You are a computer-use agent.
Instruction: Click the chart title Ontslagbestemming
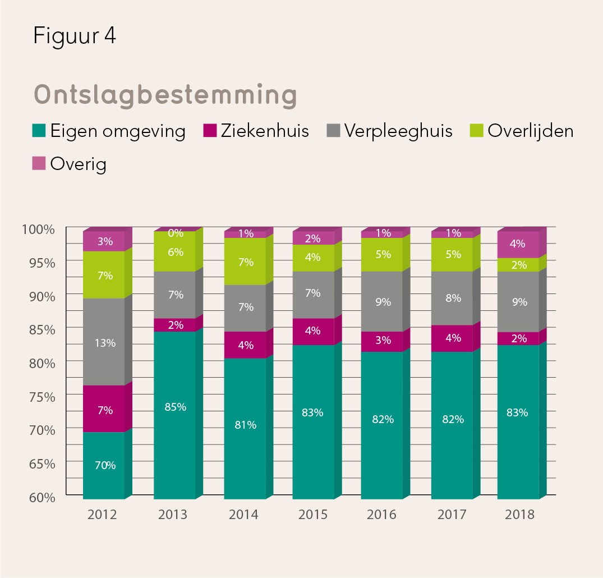point(165,96)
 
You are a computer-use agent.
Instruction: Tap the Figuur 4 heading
point(75,35)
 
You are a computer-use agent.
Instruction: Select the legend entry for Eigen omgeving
point(110,131)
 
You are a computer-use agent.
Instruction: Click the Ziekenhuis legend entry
point(256,131)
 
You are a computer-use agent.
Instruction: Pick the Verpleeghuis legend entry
point(390,131)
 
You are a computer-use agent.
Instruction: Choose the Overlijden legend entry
point(522,131)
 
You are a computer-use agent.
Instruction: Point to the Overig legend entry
point(70,164)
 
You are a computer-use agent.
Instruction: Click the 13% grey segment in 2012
point(104,342)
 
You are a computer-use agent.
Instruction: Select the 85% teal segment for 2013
point(175,407)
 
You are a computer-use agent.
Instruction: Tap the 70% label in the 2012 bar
point(105,465)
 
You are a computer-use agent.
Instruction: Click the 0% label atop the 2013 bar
point(176,233)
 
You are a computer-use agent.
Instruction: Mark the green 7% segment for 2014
point(245,262)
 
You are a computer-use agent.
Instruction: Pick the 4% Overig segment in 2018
point(518,244)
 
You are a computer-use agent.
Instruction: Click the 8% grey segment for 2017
point(453,299)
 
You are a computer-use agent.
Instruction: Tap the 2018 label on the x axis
point(519,515)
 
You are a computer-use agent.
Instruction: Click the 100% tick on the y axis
point(39,229)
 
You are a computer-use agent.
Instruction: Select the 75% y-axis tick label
point(42,397)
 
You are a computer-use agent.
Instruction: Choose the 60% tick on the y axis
point(42,497)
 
